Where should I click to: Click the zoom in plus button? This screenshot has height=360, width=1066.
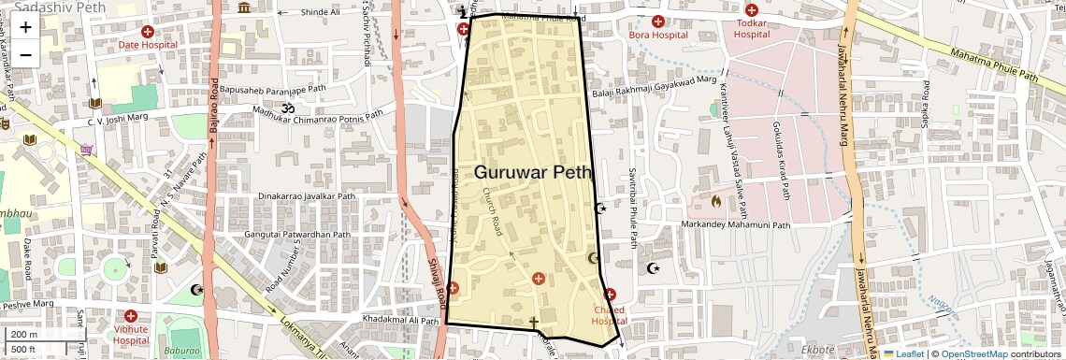(25, 26)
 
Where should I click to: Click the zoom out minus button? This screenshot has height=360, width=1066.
(25, 53)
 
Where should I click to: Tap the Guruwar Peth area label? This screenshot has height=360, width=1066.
(533, 172)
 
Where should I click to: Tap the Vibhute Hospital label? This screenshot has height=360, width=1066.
(131, 335)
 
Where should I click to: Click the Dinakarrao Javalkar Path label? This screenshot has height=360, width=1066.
(307, 196)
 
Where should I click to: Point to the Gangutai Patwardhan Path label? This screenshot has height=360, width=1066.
(296, 235)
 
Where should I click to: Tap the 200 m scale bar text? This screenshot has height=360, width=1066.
(24, 335)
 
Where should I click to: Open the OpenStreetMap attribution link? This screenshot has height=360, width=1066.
(973, 354)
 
